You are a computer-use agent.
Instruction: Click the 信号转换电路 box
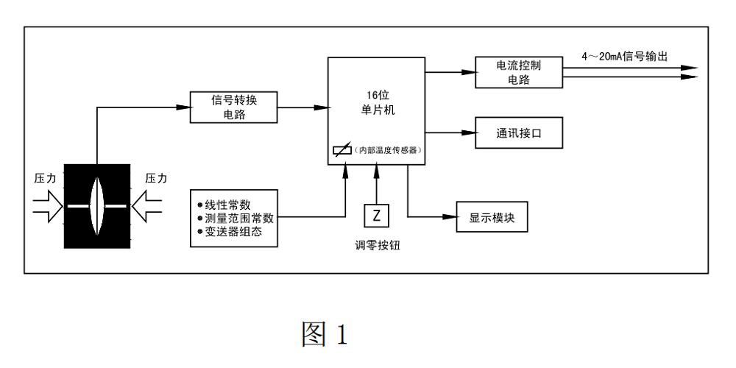coord(234,107)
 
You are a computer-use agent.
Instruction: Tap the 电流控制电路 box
coord(518,71)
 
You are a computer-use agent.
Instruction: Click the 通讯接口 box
coord(518,133)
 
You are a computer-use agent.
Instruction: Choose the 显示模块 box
coord(492,217)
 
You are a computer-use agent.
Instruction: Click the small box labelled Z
coord(377,216)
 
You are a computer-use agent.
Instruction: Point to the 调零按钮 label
coord(377,246)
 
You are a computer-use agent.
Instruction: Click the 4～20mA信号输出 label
coord(624,57)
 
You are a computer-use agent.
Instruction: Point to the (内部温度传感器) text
coord(387,150)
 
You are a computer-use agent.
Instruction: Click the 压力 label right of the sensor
coord(156,178)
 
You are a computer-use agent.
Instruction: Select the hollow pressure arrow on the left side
coord(49,205)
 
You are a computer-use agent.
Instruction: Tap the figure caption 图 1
coord(324,335)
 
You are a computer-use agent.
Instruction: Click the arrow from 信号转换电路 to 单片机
coord(302,107)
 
